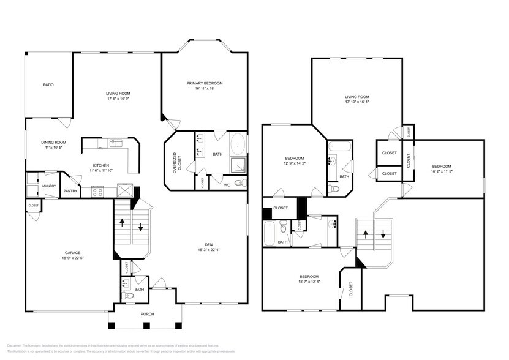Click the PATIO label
48,84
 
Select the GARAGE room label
74,253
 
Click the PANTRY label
70,191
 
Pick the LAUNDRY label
49,186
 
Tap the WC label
227,184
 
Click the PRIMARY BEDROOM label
205,83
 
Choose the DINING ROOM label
53,142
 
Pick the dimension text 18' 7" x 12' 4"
309,281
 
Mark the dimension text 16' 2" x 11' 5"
441,171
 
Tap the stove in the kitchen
98,192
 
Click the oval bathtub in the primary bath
238,146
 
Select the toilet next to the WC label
239,183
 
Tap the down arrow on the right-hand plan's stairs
383,234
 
